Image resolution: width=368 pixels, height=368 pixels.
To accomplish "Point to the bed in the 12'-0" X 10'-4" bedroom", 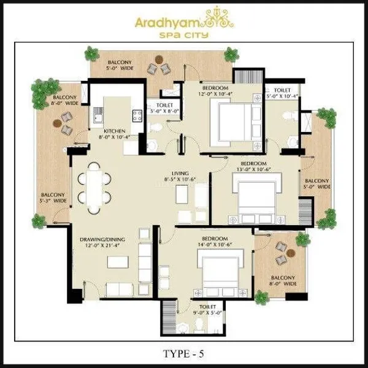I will coord(232,120).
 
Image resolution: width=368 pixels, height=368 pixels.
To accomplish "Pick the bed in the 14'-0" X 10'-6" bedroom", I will coord(218,270).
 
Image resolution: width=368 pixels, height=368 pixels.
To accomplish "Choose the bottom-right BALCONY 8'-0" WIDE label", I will coord(282,281).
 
